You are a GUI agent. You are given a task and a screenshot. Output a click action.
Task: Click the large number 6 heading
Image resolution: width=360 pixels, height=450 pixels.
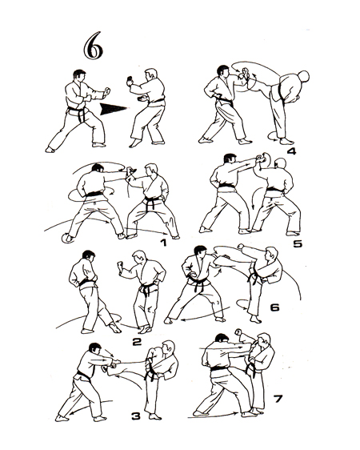93,46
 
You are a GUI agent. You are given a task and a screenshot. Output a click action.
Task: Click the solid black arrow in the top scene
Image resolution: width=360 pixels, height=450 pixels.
114,109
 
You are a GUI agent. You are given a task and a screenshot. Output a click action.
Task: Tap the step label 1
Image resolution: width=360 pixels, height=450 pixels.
163,243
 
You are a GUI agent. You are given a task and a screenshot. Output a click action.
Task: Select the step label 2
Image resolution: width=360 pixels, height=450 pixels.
137,342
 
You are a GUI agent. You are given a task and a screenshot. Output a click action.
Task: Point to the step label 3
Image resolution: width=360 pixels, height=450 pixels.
136,416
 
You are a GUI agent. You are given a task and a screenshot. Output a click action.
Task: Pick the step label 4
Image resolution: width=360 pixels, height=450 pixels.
291,151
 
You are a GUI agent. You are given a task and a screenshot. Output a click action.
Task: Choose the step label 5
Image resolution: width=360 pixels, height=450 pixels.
298,243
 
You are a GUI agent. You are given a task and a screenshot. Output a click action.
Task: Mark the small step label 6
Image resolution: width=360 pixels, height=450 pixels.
274,307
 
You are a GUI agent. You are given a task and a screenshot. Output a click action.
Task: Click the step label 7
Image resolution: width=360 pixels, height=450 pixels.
278,399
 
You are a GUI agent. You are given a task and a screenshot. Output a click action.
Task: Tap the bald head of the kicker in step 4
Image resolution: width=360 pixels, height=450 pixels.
303,76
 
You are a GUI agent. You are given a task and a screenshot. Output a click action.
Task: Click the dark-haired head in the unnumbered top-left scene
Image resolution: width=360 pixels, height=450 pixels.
79,76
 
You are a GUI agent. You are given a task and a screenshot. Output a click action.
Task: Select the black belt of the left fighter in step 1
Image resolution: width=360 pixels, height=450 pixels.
94,194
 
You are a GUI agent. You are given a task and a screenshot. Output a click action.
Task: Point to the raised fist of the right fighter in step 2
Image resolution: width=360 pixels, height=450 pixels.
120,264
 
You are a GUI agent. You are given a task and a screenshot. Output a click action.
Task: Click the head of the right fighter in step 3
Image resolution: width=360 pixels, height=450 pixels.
168,348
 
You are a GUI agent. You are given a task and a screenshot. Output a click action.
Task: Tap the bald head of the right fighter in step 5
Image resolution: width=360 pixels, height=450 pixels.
280,164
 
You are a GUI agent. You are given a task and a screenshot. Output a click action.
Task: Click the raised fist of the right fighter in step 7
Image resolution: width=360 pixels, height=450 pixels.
238,332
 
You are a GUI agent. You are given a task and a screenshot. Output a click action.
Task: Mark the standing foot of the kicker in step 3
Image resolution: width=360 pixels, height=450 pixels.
155,416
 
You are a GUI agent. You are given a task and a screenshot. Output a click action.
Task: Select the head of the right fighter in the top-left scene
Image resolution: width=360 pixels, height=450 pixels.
150,76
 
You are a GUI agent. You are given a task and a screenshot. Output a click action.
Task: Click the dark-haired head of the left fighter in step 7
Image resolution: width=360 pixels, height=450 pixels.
222,339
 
